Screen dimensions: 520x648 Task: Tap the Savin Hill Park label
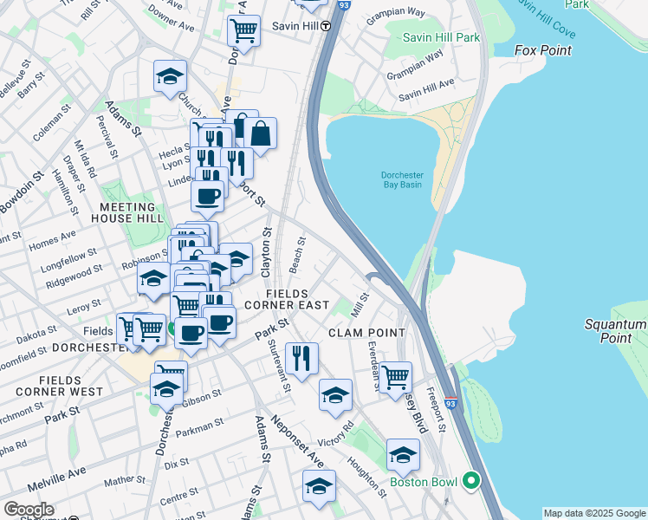pyautogui.click(x=442, y=37)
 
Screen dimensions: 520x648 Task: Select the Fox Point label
pyautogui.click(x=543, y=50)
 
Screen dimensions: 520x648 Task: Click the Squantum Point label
pyautogui.click(x=615, y=331)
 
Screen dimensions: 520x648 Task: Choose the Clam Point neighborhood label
pyautogui.click(x=366, y=333)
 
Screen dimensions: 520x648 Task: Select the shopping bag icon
pyautogui.click(x=260, y=134)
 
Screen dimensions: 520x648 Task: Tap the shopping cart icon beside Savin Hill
pyautogui.click(x=243, y=32)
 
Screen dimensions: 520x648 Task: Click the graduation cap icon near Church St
pyautogui.click(x=171, y=76)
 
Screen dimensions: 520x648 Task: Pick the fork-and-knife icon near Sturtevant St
pyautogui.click(x=301, y=359)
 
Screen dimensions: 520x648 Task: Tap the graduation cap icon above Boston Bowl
pyautogui.click(x=403, y=455)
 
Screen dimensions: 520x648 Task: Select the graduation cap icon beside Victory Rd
pyautogui.click(x=335, y=395)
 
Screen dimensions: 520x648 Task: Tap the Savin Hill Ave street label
pyautogui.click(x=427, y=88)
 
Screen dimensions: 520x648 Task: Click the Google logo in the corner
pyautogui.click(x=29, y=510)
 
